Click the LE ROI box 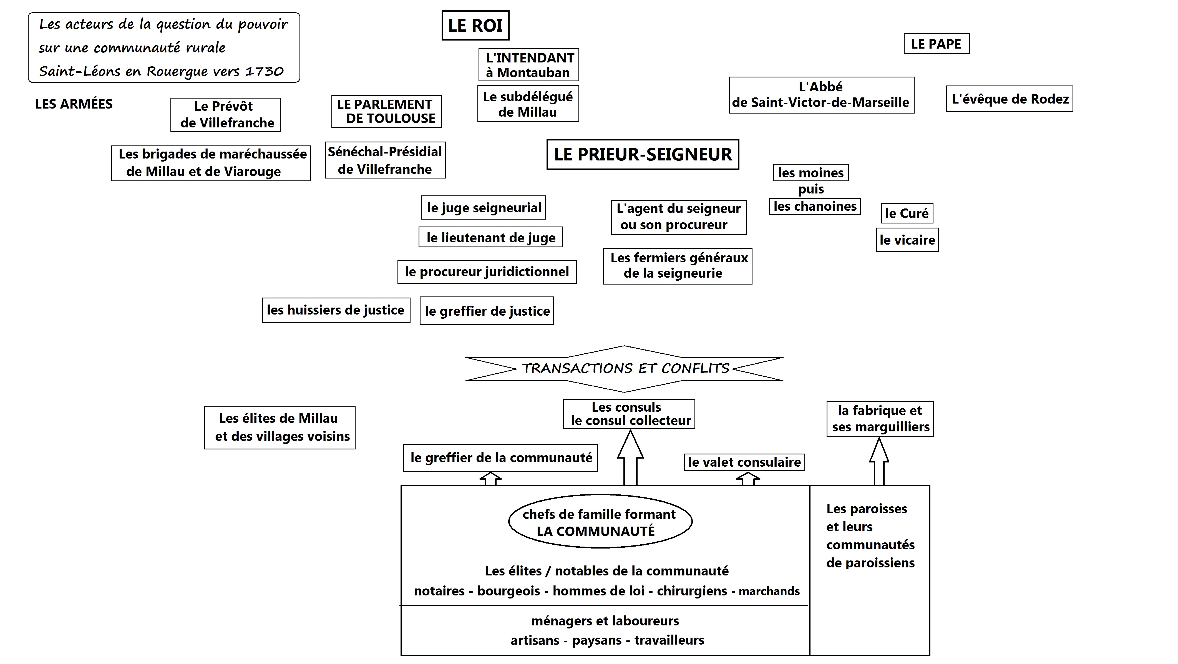coord(475,25)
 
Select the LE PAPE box coord(937,44)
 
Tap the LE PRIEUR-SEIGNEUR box coord(643,155)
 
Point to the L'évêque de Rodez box coord(1009,99)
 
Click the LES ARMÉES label coord(74,104)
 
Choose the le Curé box coord(907,213)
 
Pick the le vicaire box coord(907,240)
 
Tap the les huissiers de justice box coord(336,310)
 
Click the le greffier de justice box coord(487,311)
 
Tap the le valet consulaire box coord(744,462)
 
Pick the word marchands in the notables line coord(769,591)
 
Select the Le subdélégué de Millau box coord(528,104)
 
